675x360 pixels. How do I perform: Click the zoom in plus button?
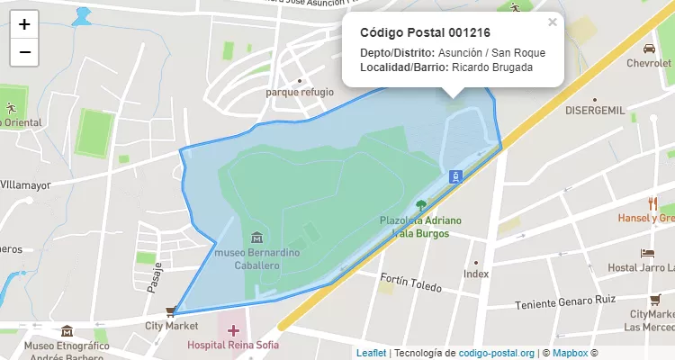24,24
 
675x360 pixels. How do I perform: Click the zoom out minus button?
24,52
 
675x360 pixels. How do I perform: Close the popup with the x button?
553,22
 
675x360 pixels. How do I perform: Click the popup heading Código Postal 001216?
412,32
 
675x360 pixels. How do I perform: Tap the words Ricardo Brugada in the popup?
492,67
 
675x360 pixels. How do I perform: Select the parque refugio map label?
300,92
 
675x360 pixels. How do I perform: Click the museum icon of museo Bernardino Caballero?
258,238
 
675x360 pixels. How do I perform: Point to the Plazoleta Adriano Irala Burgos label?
420,226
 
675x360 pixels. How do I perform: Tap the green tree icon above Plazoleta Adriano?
421,205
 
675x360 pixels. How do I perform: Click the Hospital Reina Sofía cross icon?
233,331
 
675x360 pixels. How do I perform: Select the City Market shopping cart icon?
170,312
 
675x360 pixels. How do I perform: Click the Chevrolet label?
649,64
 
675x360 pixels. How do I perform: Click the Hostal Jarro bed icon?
646,253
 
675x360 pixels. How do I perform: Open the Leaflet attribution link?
371,353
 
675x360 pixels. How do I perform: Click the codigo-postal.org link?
497,353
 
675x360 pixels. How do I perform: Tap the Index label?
475,274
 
